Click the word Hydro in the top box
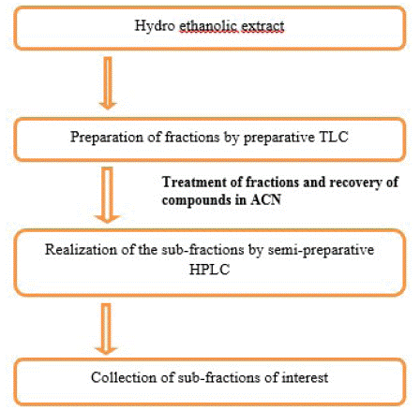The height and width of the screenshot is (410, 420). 155,26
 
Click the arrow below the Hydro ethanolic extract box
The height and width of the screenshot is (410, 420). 108,83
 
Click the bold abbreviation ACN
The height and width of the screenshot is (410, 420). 266,199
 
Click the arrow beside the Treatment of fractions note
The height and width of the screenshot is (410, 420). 108,195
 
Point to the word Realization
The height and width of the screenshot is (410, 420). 81,250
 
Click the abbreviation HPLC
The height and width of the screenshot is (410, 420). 209,270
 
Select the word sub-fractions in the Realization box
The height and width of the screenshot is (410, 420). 202,250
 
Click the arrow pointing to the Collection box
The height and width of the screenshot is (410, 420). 107,329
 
